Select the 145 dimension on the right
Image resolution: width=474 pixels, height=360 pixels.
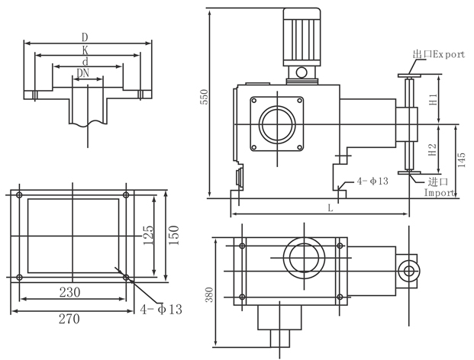click(x=460, y=160)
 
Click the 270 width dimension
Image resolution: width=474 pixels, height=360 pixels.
click(x=69, y=320)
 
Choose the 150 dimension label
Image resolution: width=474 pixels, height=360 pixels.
click(x=174, y=234)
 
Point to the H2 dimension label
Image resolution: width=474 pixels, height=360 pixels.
click(x=433, y=149)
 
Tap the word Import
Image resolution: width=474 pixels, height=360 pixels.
click(x=440, y=194)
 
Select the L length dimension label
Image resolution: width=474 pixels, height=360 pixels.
click(x=330, y=207)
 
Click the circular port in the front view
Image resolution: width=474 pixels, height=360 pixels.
click(x=276, y=122)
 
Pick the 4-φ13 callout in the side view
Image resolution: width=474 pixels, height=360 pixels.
click(x=373, y=181)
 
